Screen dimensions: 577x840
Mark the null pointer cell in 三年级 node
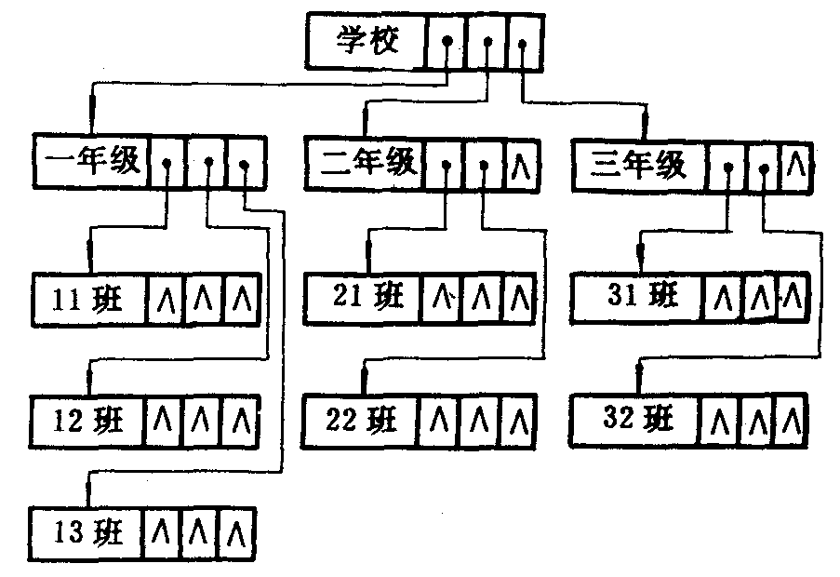click(794, 166)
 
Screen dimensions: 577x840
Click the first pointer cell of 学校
click(447, 43)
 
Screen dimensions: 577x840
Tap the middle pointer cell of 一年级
click(207, 164)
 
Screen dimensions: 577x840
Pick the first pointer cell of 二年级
click(445, 166)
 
